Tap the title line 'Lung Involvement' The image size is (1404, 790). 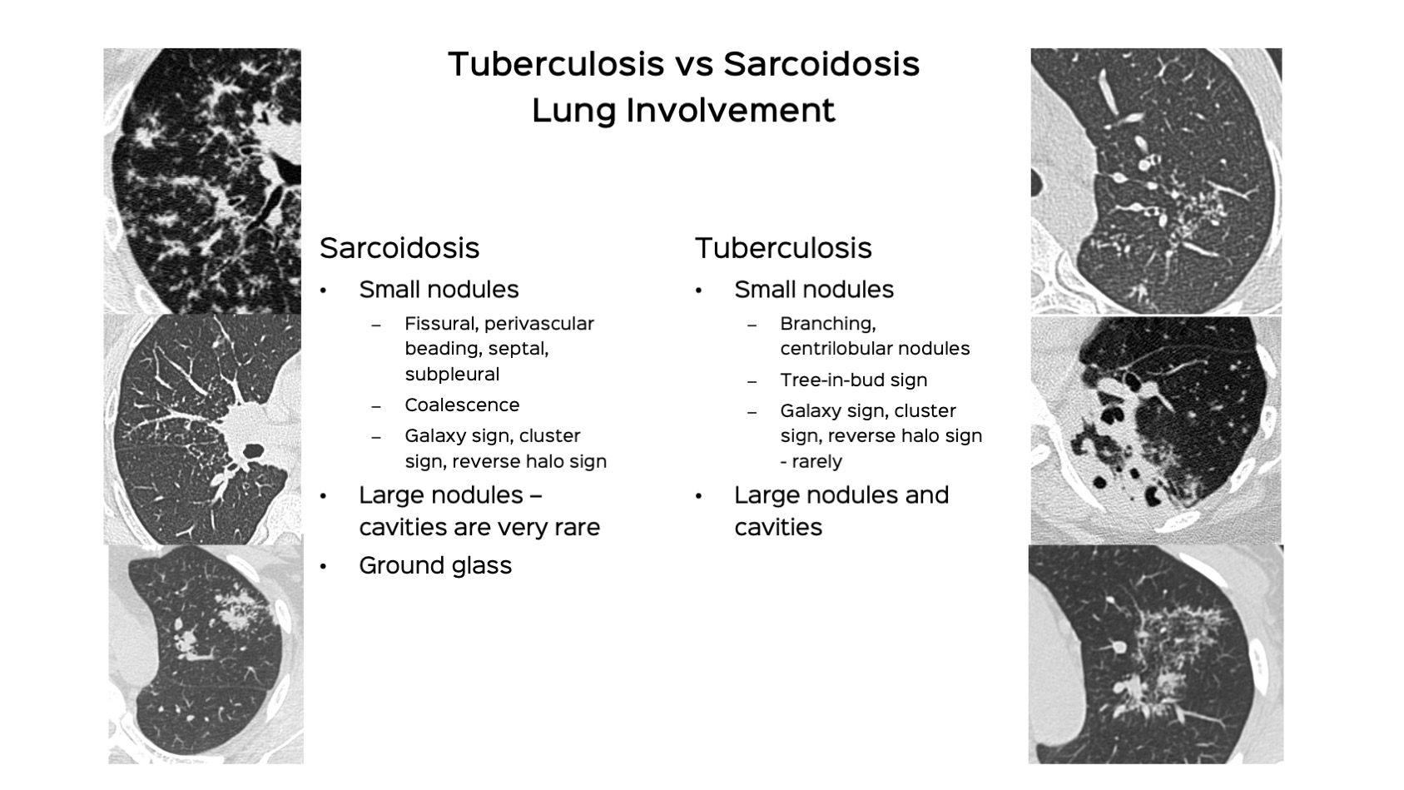683,111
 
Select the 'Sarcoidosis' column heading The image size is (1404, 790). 399,248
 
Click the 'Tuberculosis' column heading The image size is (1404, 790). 783,248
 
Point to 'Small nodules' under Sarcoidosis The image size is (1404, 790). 439,290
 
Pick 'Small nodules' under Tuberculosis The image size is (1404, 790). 814,290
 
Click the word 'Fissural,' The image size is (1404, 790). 441,324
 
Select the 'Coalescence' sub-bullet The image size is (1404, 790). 462,405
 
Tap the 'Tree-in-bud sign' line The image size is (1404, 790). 854,380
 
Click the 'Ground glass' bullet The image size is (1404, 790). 435,565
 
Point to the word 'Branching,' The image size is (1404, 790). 828,324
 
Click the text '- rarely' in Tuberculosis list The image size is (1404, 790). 811,461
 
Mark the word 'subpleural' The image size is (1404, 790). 452,375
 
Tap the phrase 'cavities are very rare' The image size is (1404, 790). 479,527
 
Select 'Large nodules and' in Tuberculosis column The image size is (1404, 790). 841,495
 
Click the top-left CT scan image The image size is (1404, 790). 202,181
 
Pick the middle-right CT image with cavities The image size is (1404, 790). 1156,430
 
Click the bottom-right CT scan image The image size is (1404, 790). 1156,654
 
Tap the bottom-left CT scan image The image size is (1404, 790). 206,654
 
